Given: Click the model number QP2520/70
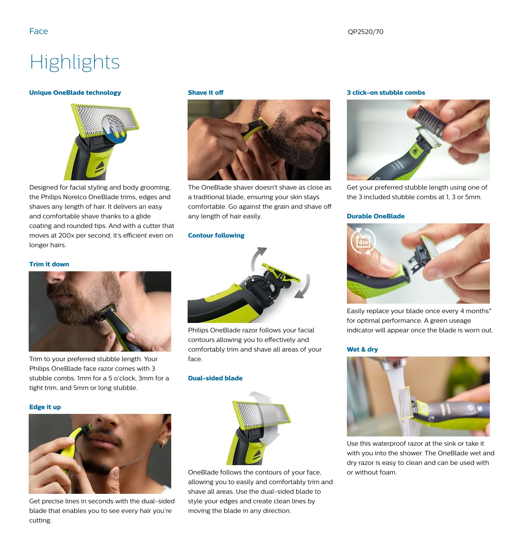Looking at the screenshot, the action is (x=365, y=32).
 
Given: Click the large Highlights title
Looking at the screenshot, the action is (x=75, y=62).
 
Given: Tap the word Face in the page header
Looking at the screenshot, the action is (x=39, y=31).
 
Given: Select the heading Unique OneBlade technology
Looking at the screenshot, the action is (x=75, y=93).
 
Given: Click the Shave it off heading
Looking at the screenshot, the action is (x=206, y=93).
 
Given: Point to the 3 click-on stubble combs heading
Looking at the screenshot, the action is (x=386, y=93).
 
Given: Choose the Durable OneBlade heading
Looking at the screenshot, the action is (x=376, y=216).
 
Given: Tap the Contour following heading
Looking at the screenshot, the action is (x=216, y=236).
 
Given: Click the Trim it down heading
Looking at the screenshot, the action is (x=49, y=264).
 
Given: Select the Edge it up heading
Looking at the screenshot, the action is (x=45, y=407).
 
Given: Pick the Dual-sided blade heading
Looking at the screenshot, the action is (x=215, y=378).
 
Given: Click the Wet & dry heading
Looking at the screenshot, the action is (x=362, y=350).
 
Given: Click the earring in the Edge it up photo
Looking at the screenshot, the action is (x=162, y=443).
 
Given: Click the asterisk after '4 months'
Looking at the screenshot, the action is (x=490, y=309).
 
